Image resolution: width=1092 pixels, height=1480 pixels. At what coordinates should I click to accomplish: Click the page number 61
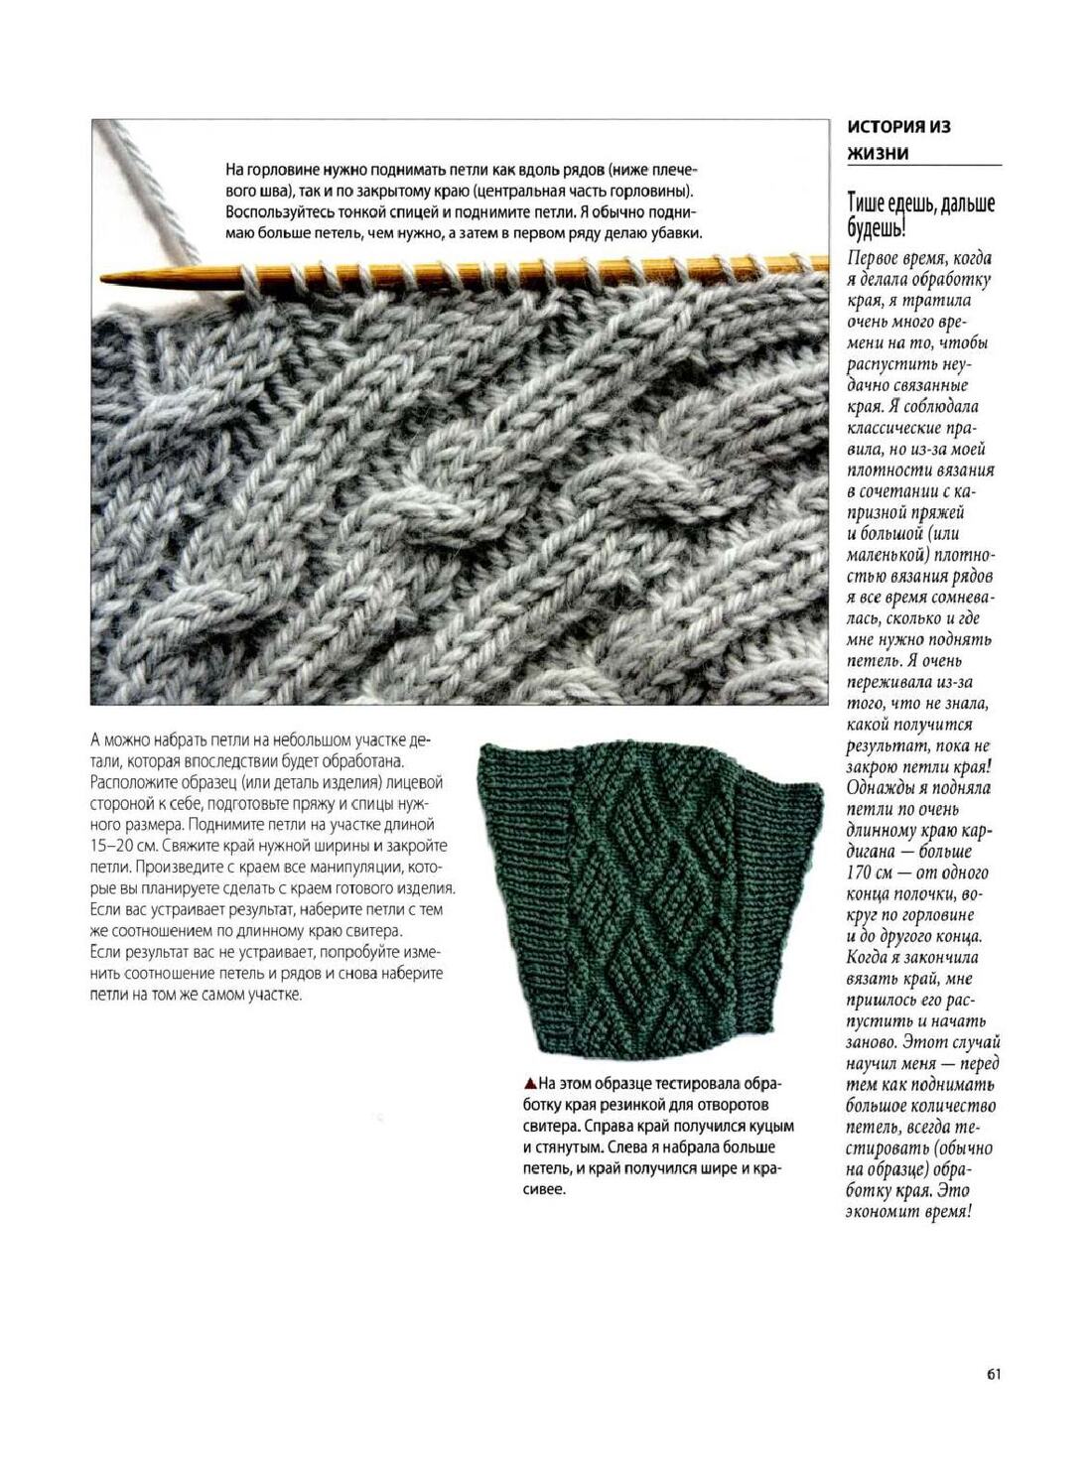993,1374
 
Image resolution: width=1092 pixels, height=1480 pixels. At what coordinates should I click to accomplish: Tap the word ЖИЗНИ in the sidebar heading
877,154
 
